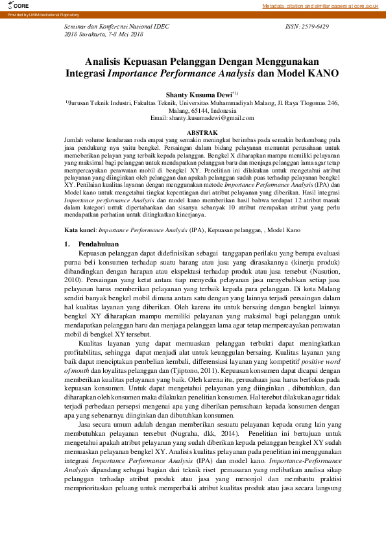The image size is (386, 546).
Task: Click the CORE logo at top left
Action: click(12, 5)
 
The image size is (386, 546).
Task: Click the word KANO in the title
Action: click(320, 74)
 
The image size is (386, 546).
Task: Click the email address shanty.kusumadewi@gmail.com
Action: click(211, 118)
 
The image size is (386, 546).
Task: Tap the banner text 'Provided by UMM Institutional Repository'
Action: click(39, 14)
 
